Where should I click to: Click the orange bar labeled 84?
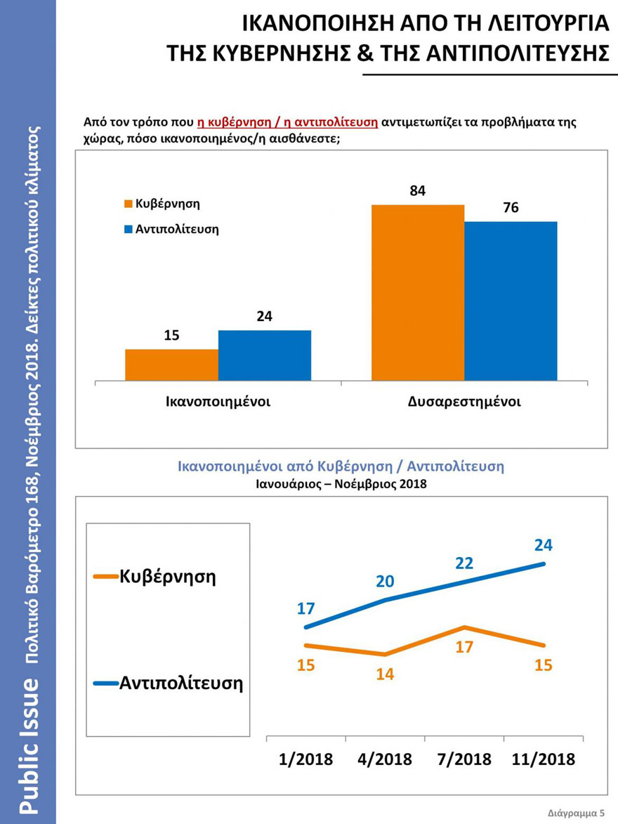pyautogui.click(x=418, y=292)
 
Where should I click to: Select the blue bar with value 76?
pyautogui.click(x=511, y=301)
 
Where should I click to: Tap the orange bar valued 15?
pyautogui.click(x=171, y=365)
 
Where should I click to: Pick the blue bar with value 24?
pyautogui.click(x=265, y=355)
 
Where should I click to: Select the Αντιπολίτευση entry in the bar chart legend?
pyautogui.click(x=176, y=229)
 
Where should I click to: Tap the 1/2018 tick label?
pyautogui.click(x=305, y=759)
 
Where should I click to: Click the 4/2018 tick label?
pyautogui.click(x=384, y=759)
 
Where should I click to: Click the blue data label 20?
pyautogui.click(x=385, y=581)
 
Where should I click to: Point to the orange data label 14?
pyautogui.click(x=385, y=674)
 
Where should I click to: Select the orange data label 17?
pyautogui.click(x=464, y=647)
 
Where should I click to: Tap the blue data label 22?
pyautogui.click(x=464, y=563)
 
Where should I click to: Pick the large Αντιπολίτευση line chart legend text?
pyautogui.click(x=181, y=682)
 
